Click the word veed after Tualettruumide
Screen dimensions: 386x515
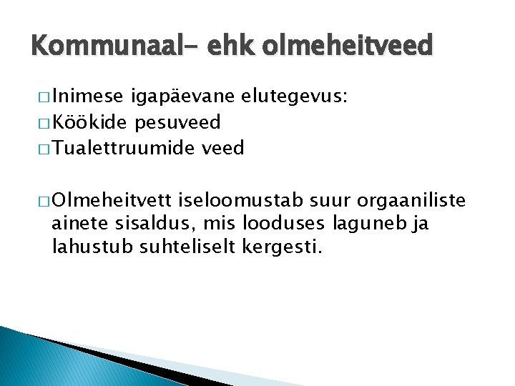click(x=223, y=148)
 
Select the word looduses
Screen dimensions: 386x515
click(x=293, y=223)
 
